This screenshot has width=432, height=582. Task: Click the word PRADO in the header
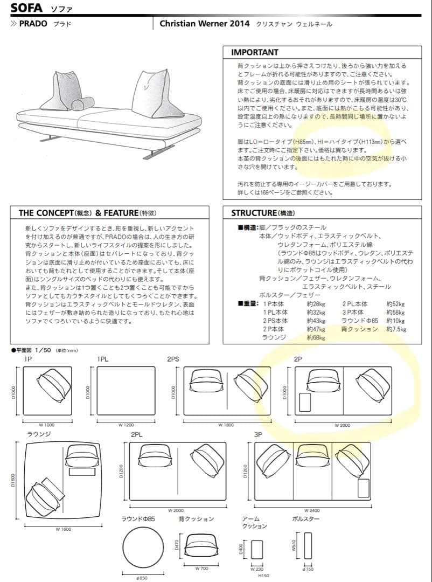[x=33, y=24]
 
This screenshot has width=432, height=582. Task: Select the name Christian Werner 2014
[x=204, y=24]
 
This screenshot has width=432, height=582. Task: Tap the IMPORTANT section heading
[x=254, y=52]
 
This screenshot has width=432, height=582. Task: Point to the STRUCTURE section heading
[x=255, y=213]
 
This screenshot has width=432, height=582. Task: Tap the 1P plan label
[x=27, y=359]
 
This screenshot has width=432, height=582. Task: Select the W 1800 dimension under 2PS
[x=226, y=425]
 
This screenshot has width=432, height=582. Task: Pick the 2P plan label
[x=298, y=359]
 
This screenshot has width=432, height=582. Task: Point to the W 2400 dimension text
[x=312, y=510]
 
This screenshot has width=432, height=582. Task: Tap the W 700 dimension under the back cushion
[x=201, y=568]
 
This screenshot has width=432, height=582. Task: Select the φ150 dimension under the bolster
[x=309, y=569]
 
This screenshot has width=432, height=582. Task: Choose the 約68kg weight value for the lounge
[x=316, y=337]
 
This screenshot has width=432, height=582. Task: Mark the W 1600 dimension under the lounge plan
[x=63, y=529]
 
